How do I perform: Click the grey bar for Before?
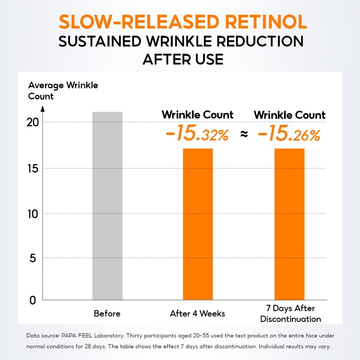coord(107,206)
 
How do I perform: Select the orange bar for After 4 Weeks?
coord(198,224)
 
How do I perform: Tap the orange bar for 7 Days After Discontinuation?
coord(289,224)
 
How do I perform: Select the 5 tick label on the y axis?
coord(33,258)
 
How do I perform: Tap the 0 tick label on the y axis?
coord(33,301)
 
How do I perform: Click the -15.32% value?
coord(197,135)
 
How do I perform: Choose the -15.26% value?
coord(289,135)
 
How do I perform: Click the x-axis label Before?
coord(107,314)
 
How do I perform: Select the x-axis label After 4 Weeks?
coord(197,314)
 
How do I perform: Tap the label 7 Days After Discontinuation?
coord(290,314)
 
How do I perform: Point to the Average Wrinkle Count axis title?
coord(63,90)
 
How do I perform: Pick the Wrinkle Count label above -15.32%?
coord(197,115)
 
